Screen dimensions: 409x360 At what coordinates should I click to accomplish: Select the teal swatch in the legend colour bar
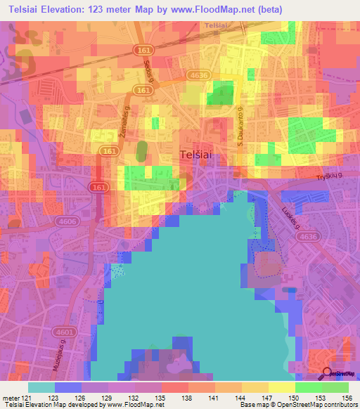41,387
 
